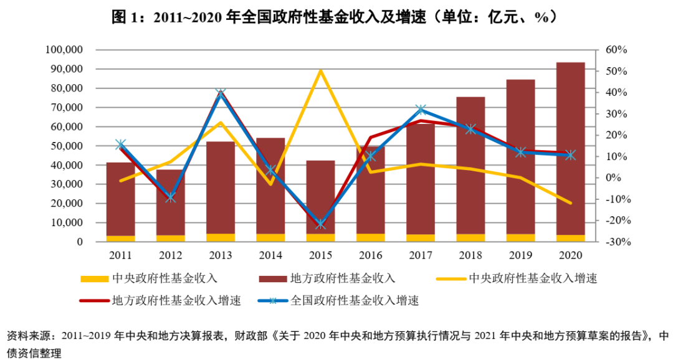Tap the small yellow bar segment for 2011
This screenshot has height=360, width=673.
(x=121, y=239)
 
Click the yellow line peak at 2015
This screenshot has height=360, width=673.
(x=320, y=70)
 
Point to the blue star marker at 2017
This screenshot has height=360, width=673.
(x=421, y=110)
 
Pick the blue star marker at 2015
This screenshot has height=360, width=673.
(x=320, y=224)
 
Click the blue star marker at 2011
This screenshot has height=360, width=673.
(x=121, y=144)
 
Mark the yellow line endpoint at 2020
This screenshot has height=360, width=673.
(x=570, y=203)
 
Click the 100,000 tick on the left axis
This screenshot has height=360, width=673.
(x=65, y=50)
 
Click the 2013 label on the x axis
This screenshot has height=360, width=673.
(x=221, y=255)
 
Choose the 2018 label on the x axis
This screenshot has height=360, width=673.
(x=470, y=255)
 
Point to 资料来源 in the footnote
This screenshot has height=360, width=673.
(x=24, y=336)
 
